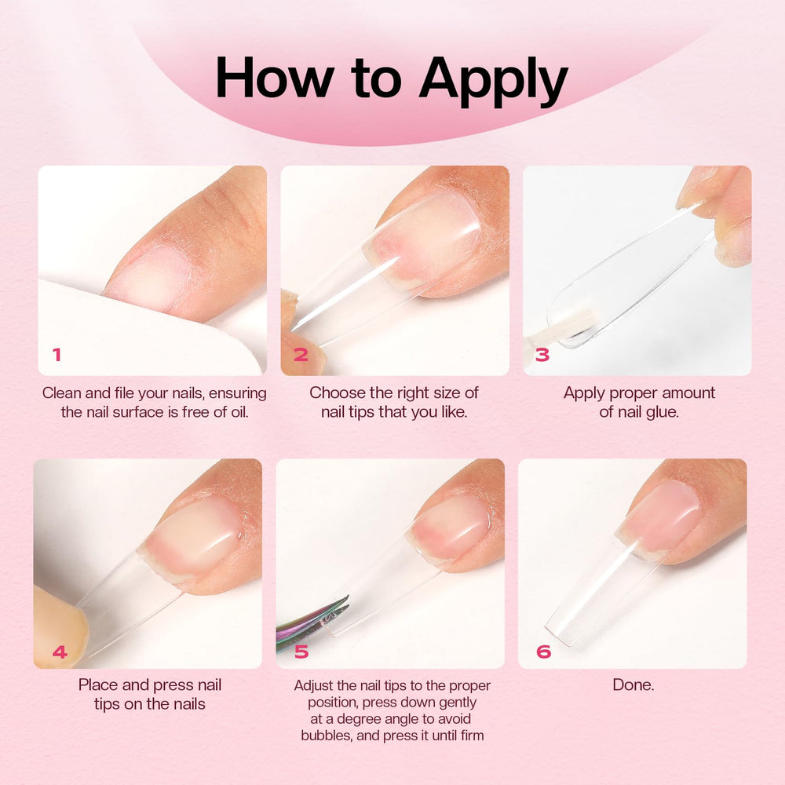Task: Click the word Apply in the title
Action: pos(493,80)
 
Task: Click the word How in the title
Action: pos(275,78)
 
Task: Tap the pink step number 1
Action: pos(57,355)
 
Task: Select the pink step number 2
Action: pos(301,355)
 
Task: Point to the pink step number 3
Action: pos(542,355)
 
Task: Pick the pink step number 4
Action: pos(60,652)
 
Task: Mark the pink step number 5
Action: pos(301,652)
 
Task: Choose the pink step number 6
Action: pos(544,652)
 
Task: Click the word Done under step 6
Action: pos(633,685)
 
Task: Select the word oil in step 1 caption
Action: pos(239,411)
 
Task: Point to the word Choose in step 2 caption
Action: pos(334,392)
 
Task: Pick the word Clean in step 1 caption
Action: pos(61,393)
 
